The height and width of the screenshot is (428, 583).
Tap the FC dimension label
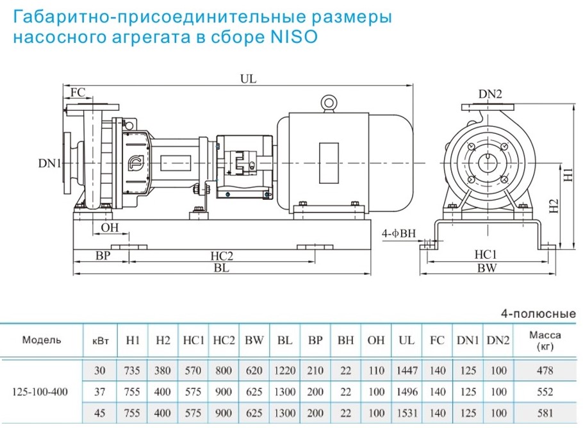[78, 92]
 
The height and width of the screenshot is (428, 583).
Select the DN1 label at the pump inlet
[50, 164]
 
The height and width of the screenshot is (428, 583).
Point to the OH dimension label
[110, 227]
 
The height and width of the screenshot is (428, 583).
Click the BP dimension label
[103, 256]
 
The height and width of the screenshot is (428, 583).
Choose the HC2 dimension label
[222, 256]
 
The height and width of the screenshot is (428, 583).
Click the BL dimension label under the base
[222, 270]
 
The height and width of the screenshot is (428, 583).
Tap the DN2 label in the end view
[490, 94]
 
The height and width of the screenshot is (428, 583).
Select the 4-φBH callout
[399, 233]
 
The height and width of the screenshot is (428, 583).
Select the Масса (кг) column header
[546, 340]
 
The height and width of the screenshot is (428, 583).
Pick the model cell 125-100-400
[42, 390]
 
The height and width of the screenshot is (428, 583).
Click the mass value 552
[546, 390]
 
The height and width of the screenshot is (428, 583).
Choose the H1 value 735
[133, 370]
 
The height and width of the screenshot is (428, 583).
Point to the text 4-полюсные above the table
[541, 314]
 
